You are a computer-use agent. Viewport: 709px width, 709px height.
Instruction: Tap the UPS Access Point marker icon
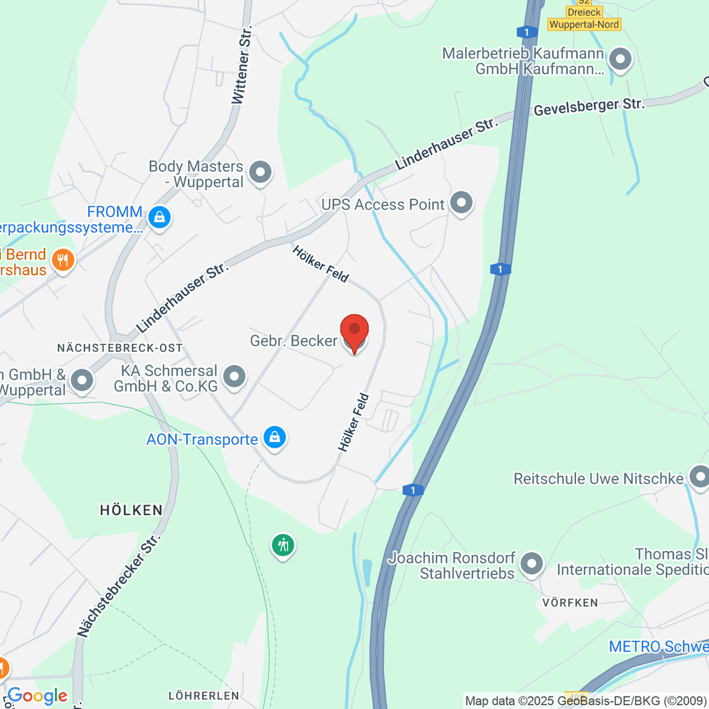tap(461, 203)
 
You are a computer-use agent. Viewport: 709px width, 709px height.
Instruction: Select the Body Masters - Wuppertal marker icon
tap(259, 173)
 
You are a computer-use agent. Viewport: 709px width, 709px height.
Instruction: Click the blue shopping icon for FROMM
tap(159, 217)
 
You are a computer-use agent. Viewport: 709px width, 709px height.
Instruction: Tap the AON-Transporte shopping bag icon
tap(274, 438)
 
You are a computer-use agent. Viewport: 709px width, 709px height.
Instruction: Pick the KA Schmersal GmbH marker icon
tap(235, 376)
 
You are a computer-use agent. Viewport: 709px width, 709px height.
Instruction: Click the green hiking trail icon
tap(283, 545)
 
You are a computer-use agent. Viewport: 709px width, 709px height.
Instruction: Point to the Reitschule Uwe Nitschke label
tap(598, 479)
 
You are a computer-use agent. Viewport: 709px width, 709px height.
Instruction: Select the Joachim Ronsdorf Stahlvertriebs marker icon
tap(532, 564)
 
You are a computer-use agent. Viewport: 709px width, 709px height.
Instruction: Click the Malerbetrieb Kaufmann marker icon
tap(620, 60)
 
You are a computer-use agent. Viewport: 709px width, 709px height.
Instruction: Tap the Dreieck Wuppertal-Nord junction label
tap(584, 18)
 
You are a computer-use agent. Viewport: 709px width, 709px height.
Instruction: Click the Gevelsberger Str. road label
tap(588, 107)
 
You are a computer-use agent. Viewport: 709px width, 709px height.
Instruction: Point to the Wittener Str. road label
tap(242, 65)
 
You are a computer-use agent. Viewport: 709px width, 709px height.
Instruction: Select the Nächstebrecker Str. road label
tap(118, 586)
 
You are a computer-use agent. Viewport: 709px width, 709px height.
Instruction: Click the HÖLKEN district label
tap(131, 510)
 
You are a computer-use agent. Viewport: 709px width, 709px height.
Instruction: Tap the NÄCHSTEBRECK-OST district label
tap(120, 348)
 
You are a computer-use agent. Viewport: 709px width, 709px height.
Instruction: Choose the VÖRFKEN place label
tap(570, 603)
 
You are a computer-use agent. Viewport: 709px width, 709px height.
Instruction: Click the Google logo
tap(38, 696)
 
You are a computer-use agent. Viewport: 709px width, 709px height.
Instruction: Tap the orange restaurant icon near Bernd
tap(63, 260)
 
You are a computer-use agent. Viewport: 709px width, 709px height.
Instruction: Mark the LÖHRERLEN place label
tap(204, 696)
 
